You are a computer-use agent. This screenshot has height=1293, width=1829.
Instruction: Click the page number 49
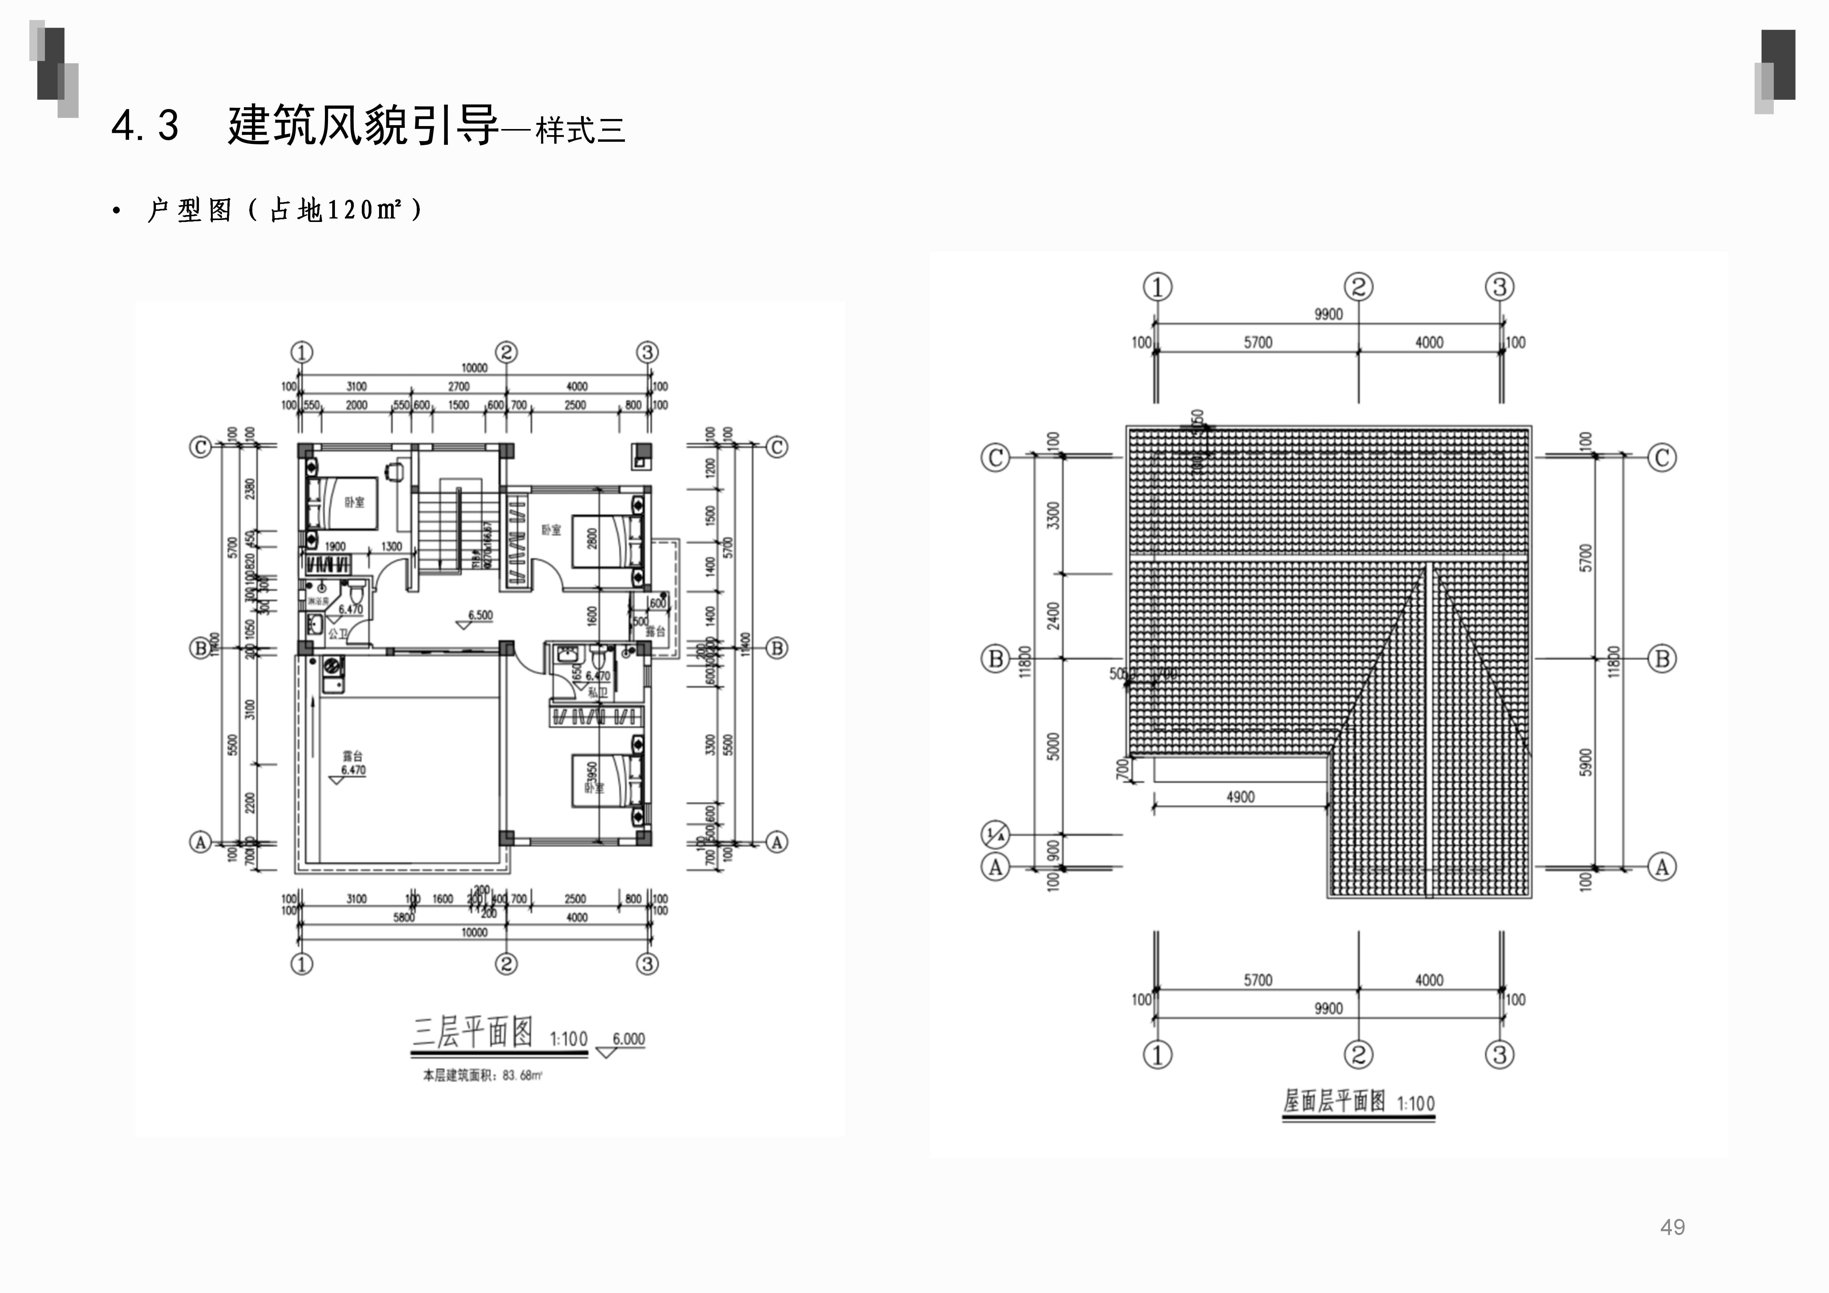pyautogui.click(x=1672, y=1227)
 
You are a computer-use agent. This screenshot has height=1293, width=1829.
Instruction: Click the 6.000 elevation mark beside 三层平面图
pyautogui.click(x=628, y=1040)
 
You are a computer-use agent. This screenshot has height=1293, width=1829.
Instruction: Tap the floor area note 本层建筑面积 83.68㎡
pyautogui.click(x=482, y=1076)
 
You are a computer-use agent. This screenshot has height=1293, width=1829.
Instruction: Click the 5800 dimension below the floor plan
pyautogui.click(x=404, y=917)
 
